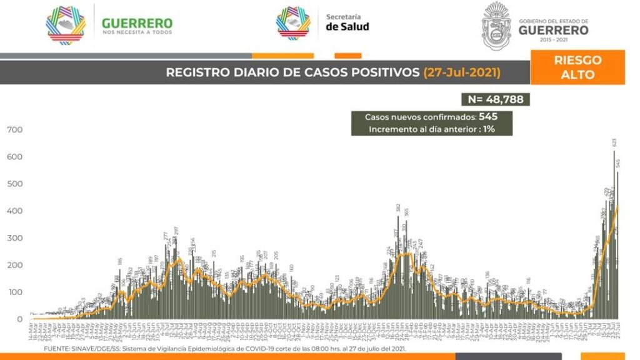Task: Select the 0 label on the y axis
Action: [x=20, y=319]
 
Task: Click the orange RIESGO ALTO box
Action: [x=577, y=67]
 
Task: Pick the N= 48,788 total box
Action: [x=495, y=99]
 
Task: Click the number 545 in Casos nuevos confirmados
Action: [x=486, y=117]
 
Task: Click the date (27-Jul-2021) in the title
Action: [x=462, y=72]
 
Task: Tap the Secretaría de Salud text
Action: [x=347, y=22]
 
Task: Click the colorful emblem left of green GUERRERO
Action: [x=66, y=25]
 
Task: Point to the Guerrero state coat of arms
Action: [x=496, y=26]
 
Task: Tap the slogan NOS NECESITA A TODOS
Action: [x=137, y=32]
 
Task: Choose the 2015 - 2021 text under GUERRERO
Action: [x=554, y=39]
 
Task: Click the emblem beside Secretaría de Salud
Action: [x=293, y=23]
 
